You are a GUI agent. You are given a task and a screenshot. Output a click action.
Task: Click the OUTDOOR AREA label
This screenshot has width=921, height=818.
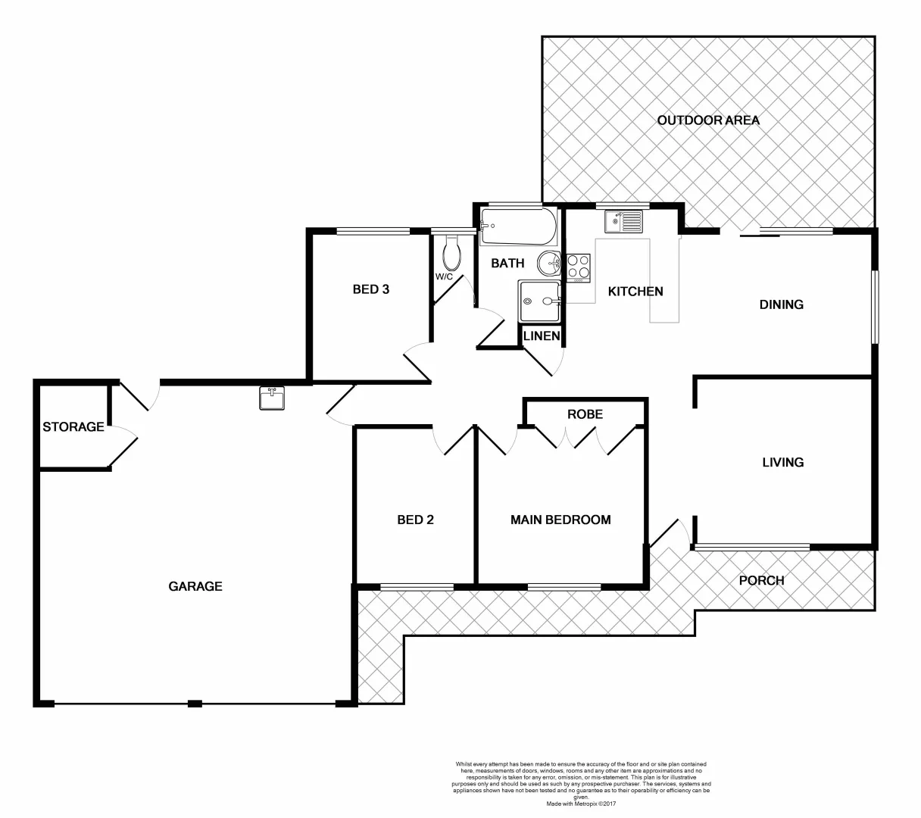click(708, 120)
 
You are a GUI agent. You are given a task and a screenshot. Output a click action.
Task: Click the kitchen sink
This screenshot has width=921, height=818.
click(623, 222)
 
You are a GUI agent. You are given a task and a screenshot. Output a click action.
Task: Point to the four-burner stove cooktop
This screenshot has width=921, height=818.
click(579, 267)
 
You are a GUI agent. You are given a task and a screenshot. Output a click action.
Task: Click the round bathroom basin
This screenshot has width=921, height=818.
click(549, 264)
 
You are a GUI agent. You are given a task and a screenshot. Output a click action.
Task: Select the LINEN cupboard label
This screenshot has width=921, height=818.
click(542, 336)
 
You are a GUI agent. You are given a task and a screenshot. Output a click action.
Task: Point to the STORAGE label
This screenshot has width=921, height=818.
click(73, 427)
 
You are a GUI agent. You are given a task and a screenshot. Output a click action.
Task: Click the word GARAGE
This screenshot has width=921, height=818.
click(195, 585)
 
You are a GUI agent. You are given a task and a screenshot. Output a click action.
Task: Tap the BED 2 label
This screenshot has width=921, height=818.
click(415, 520)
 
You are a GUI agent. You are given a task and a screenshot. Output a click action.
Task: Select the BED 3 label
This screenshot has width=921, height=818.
click(371, 289)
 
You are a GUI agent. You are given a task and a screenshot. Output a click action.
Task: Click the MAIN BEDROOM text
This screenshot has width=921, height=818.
click(560, 520)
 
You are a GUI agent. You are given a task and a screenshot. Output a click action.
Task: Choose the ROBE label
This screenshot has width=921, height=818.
click(585, 414)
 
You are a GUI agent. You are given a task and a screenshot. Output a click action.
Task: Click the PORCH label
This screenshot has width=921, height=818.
click(761, 580)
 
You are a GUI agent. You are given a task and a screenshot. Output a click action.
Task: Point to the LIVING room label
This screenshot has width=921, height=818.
click(782, 462)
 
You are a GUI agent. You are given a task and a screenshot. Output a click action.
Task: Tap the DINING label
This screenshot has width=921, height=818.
click(781, 304)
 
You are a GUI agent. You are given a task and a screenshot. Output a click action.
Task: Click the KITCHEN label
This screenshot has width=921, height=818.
click(636, 291)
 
